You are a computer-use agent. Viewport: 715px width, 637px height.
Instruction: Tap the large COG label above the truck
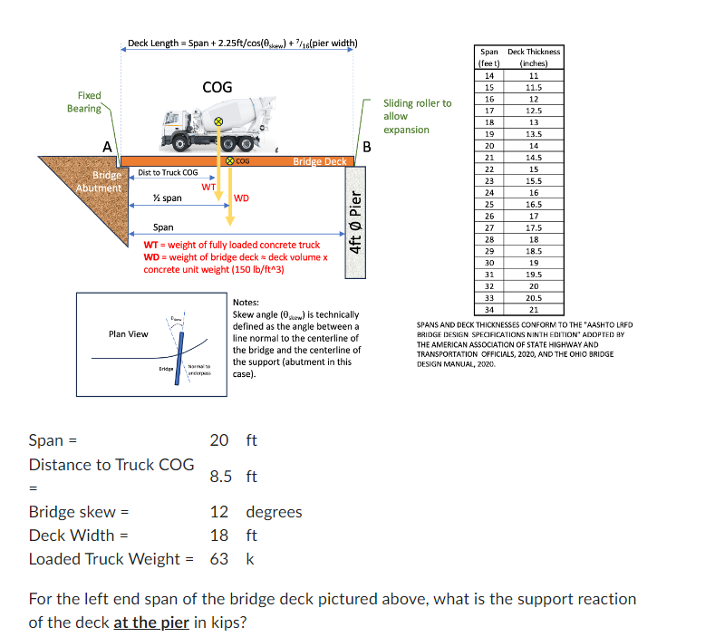click(x=217, y=87)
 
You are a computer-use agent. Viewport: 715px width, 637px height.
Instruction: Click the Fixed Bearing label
click(x=84, y=101)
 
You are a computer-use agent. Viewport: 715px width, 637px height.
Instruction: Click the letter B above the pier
click(x=366, y=147)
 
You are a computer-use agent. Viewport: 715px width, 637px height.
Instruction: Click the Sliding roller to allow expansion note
click(x=416, y=116)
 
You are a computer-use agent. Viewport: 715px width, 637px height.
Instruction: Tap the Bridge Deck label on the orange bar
click(x=319, y=161)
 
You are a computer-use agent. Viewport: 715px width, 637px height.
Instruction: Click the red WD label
click(x=242, y=198)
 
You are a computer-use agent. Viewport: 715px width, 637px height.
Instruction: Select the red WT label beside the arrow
click(x=208, y=186)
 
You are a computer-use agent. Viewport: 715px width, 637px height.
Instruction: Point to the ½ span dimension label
click(x=167, y=198)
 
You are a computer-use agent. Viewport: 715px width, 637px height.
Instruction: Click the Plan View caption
click(x=128, y=334)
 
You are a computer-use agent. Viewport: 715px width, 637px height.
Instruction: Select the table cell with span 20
click(x=489, y=145)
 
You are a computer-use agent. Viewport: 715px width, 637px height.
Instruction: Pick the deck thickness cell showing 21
click(x=534, y=310)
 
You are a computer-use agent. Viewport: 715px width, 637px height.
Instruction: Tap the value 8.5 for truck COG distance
click(x=221, y=476)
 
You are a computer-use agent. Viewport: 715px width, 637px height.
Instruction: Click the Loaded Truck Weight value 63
click(x=219, y=558)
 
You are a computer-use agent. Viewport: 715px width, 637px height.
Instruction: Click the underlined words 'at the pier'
click(x=151, y=623)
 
